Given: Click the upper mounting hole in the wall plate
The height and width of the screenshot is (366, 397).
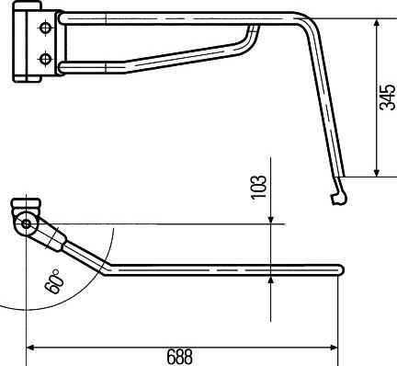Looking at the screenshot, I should click(x=43, y=29).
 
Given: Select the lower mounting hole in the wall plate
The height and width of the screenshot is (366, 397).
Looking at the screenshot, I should click(x=43, y=59).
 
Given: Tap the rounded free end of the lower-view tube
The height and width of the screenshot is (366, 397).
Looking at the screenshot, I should click(x=340, y=269).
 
